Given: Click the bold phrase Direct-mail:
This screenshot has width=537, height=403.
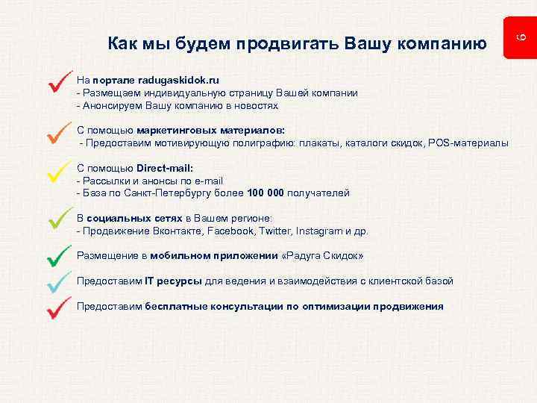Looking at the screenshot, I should [165, 167].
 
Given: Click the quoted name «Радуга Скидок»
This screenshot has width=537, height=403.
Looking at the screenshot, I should [323, 256].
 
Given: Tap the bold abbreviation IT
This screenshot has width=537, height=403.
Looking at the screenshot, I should [150, 281].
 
